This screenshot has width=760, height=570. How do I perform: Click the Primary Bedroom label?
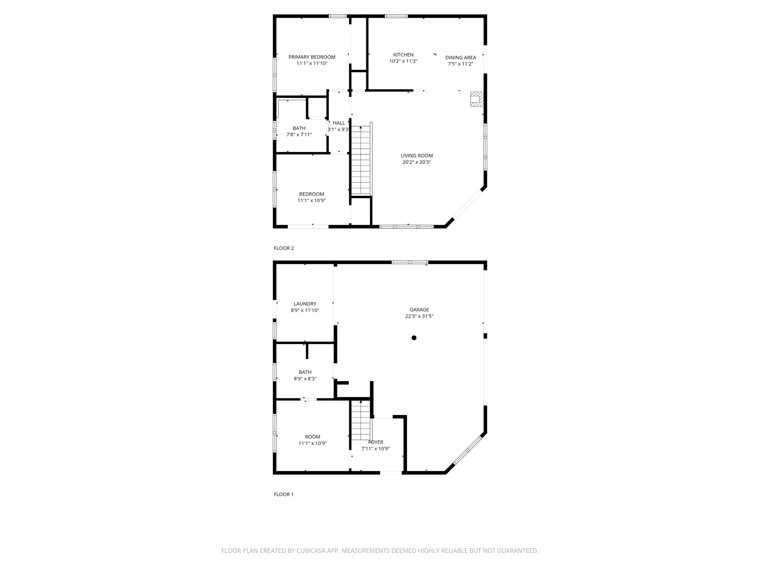[312, 57]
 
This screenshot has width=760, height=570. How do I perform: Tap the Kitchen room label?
[403, 55]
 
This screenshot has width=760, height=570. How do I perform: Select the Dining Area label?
[461, 58]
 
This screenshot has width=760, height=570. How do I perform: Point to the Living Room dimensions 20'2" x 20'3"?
[416, 162]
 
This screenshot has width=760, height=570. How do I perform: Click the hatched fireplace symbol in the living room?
[476, 99]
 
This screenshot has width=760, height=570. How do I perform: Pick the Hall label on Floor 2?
[338, 123]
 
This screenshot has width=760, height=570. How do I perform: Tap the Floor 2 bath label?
[299, 128]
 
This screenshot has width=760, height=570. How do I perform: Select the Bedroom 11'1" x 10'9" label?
[312, 194]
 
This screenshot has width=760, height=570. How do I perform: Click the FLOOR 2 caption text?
[284, 248]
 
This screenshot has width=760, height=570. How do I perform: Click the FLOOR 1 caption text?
[284, 494]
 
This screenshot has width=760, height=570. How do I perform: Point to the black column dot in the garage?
[414, 338]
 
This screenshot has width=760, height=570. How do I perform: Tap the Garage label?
[419, 310]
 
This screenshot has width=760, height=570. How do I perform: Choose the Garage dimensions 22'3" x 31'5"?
[419, 317]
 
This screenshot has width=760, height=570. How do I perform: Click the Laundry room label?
[305, 304]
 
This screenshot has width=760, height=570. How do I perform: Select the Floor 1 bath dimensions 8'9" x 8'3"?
[305, 379]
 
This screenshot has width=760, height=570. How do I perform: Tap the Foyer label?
[376, 442]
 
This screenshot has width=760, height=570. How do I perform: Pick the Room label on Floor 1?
[312, 437]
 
